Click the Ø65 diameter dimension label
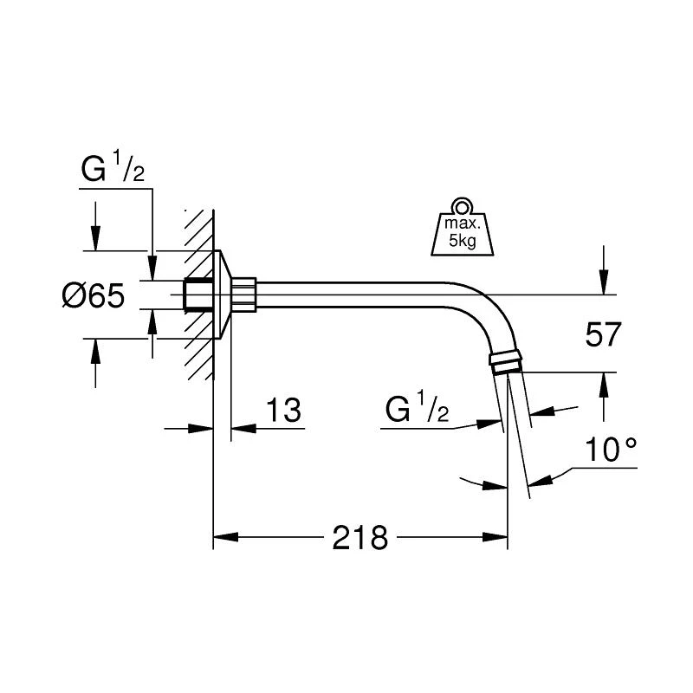[x=94, y=295]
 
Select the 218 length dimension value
[x=359, y=538]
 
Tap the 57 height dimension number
[x=603, y=334]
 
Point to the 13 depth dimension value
[x=284, y=410]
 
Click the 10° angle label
[x=611, y=450]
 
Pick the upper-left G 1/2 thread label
[x=113, y=166]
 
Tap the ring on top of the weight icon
[x=463, y=206]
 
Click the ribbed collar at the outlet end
[x=506, y=358]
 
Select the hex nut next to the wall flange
[x=243, y=295]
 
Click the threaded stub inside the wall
[x=198, y=295]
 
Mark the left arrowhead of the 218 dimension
[x=226, y=537]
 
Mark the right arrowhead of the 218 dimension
[x=495, y=537]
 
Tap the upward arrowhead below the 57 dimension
[x=604, y=385]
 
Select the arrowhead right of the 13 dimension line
[x=243, y=428]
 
